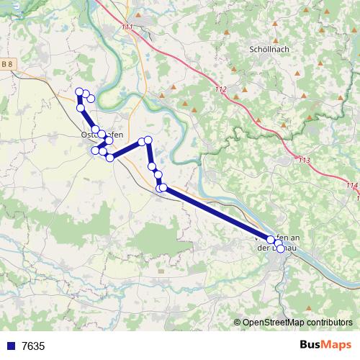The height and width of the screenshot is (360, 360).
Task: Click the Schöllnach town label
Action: click(269, 50)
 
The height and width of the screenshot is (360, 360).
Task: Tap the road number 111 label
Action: click(127, 27)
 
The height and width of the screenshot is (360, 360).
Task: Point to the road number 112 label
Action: click(220, 90)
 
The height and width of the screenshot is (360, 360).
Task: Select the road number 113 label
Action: click(305, 160)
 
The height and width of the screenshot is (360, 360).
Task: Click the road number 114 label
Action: click(351, 185)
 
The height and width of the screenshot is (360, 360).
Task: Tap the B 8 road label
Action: click(7, 65)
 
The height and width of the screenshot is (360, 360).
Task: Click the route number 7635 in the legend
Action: click(33, 346)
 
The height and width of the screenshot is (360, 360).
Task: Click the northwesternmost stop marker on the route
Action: click(79, 91)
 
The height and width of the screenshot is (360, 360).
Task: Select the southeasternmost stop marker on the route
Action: click(280, 249)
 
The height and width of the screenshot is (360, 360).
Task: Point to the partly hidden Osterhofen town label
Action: click(102, 135)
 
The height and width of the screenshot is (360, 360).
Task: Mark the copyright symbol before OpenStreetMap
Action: click(237, 323)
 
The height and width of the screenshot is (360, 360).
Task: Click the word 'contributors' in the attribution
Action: click(328, 323)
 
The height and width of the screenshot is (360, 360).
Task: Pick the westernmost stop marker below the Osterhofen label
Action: click(94, 150)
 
